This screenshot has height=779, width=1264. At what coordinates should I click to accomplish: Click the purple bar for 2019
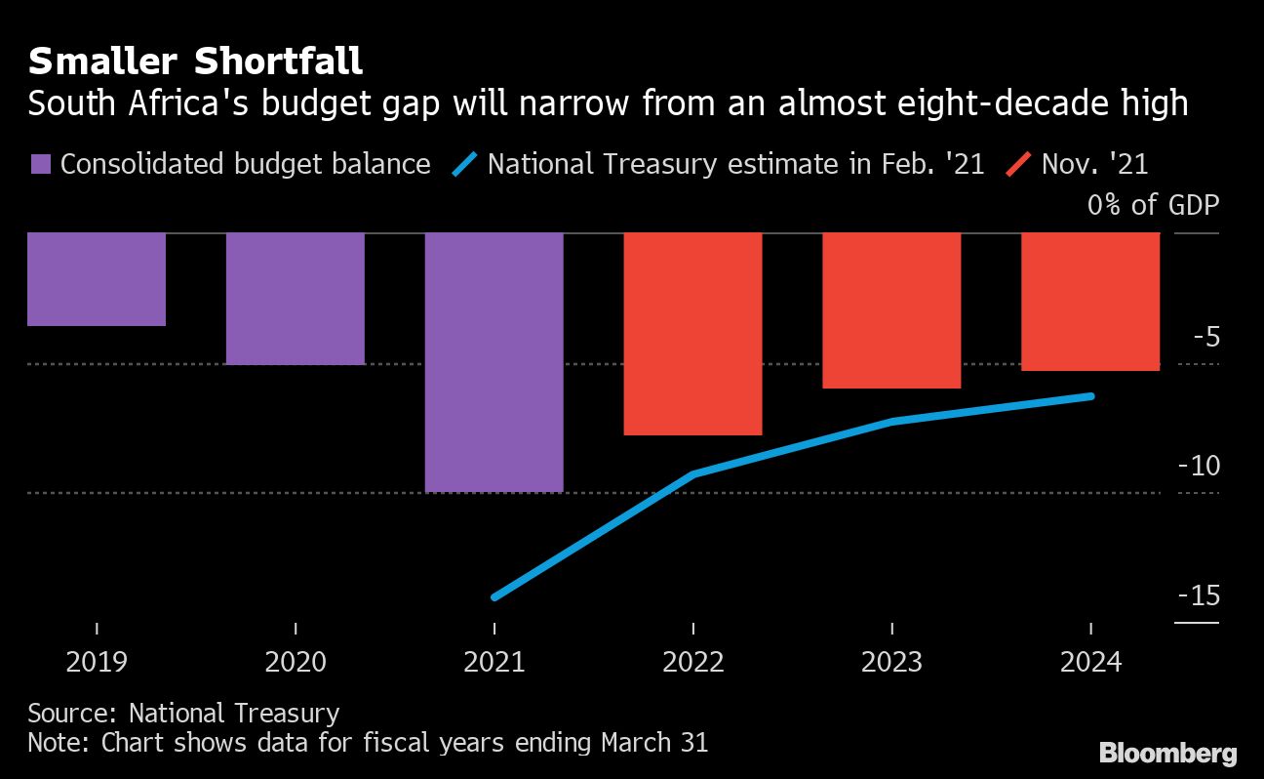(97, 279)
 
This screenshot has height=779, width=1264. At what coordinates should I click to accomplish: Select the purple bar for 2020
(296, 299)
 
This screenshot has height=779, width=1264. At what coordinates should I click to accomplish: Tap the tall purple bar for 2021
(494, 362)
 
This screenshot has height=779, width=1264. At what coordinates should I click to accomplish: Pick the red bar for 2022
(692, 334)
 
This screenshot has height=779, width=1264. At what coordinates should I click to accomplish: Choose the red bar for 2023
(891, 310)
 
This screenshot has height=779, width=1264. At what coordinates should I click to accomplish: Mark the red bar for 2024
(1090, 302)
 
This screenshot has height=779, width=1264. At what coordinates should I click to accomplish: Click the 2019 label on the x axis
(97, 662)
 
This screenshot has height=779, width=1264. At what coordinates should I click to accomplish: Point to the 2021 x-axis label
(494, 662)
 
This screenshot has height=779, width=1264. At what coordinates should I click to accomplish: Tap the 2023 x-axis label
(891, 662)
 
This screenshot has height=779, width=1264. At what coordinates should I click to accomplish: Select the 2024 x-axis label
(1090, 662)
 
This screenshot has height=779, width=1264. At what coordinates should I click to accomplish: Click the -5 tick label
(1203, 338)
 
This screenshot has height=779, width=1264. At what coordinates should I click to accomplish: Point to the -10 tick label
(1198, 466)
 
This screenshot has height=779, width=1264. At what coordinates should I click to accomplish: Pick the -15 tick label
(1198, 595)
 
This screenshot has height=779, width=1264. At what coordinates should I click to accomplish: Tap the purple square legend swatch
(40, 164)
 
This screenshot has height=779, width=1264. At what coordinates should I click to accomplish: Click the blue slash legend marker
(464, 164)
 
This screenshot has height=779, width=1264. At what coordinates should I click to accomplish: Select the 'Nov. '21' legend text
(1095, 164)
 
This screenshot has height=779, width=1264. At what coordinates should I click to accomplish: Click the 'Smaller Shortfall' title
(195, 61)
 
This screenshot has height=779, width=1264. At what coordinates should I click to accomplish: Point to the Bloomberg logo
(1168, 754)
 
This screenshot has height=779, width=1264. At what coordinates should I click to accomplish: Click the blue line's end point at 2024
(1090, 395)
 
